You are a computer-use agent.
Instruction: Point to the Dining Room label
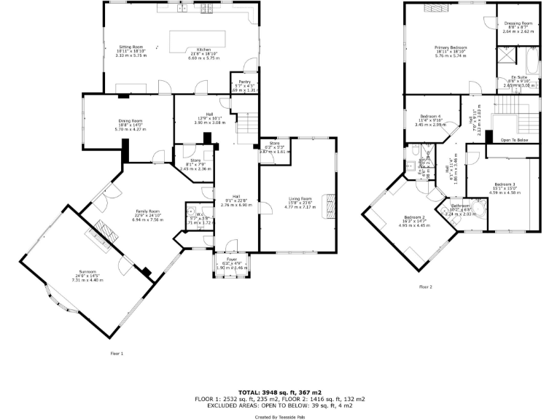pyautogui.click(x=131, y=125)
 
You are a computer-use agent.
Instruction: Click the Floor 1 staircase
pyautogui.click(x=249, y=124)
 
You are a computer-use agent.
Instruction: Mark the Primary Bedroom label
pyautogui.click(x=450, y=52)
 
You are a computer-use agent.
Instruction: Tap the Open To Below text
pyautogui.click(x=515, y=139)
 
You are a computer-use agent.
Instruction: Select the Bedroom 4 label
pyautogui.click(x=429, y=120)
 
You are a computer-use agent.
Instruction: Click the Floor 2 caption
pyautogui.click(x=426, y=287)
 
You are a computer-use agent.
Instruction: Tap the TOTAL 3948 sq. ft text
pyautogui.click(x=280, y=392)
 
